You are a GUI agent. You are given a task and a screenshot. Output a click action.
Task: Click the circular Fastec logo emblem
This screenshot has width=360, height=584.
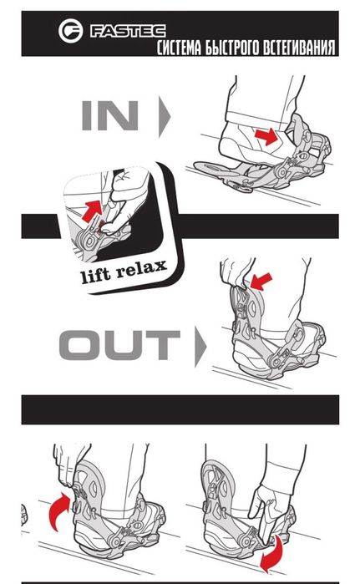pyautogui.click(x=70, y=31)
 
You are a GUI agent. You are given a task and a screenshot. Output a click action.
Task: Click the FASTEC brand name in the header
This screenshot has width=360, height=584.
pyautogui.click(x=128, y=31)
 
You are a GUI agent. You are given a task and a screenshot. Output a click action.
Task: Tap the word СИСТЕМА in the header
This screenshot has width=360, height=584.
pyautogui.click(x=178, y=48)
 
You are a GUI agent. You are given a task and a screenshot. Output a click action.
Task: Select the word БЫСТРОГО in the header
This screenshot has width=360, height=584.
pyautogui.click(x=232, y=48)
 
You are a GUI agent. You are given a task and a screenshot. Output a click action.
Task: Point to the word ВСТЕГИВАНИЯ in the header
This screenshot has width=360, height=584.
pyautogui.click(x=299, y=48)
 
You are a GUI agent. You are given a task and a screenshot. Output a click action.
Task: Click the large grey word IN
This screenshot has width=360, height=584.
pyautogui.click(x=110, y=115)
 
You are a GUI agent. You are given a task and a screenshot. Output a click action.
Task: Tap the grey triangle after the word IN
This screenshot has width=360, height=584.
pyautogui.click(x=165, y=116)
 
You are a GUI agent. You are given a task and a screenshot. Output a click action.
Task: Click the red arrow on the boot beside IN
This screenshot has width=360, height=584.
pyautogui.click(x=266, y=137)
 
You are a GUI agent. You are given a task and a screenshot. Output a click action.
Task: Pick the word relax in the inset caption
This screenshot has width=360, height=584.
pyautogui.click(x=141, y=268)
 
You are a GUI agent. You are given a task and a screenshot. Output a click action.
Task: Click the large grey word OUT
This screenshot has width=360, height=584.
pyautogui.click(x=119, y=344)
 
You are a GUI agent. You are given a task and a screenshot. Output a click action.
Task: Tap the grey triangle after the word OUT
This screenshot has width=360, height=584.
pyautogui.click(x=200, y=347)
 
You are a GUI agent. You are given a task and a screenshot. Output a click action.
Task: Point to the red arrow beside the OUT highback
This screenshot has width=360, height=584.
pyautogui.click(x=261, y=281)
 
